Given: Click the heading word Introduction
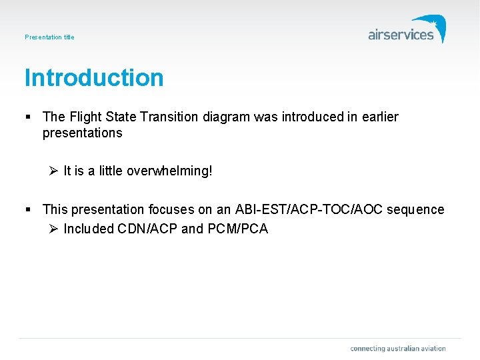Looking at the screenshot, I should (x=94, y=78).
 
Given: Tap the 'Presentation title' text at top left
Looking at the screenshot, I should (x=49, y=37).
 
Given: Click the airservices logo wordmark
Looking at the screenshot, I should (x=401, y=35).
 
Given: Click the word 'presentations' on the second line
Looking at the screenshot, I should (x=82, y=133).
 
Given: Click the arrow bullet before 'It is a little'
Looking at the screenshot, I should (x=54, y=171).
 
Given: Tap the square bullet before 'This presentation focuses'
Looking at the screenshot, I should (x=29, y=210).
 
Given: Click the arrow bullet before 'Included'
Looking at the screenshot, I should (x=54, y=229).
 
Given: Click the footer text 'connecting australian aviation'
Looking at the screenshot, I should (x=397, y=349).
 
